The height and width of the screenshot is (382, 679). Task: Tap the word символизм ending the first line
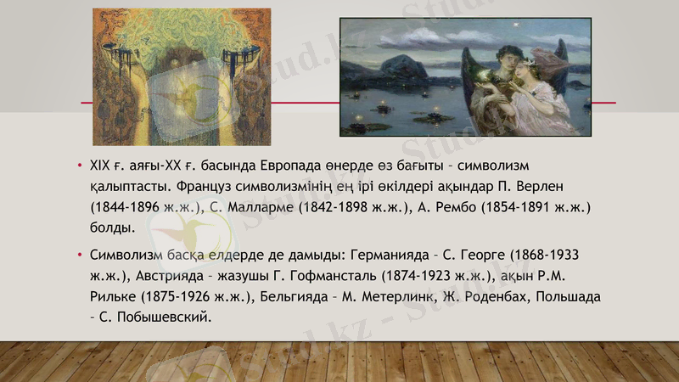pyautogui.click(x=492, y=163)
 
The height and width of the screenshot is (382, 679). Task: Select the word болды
pyautogui.click(x=111, y=228)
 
